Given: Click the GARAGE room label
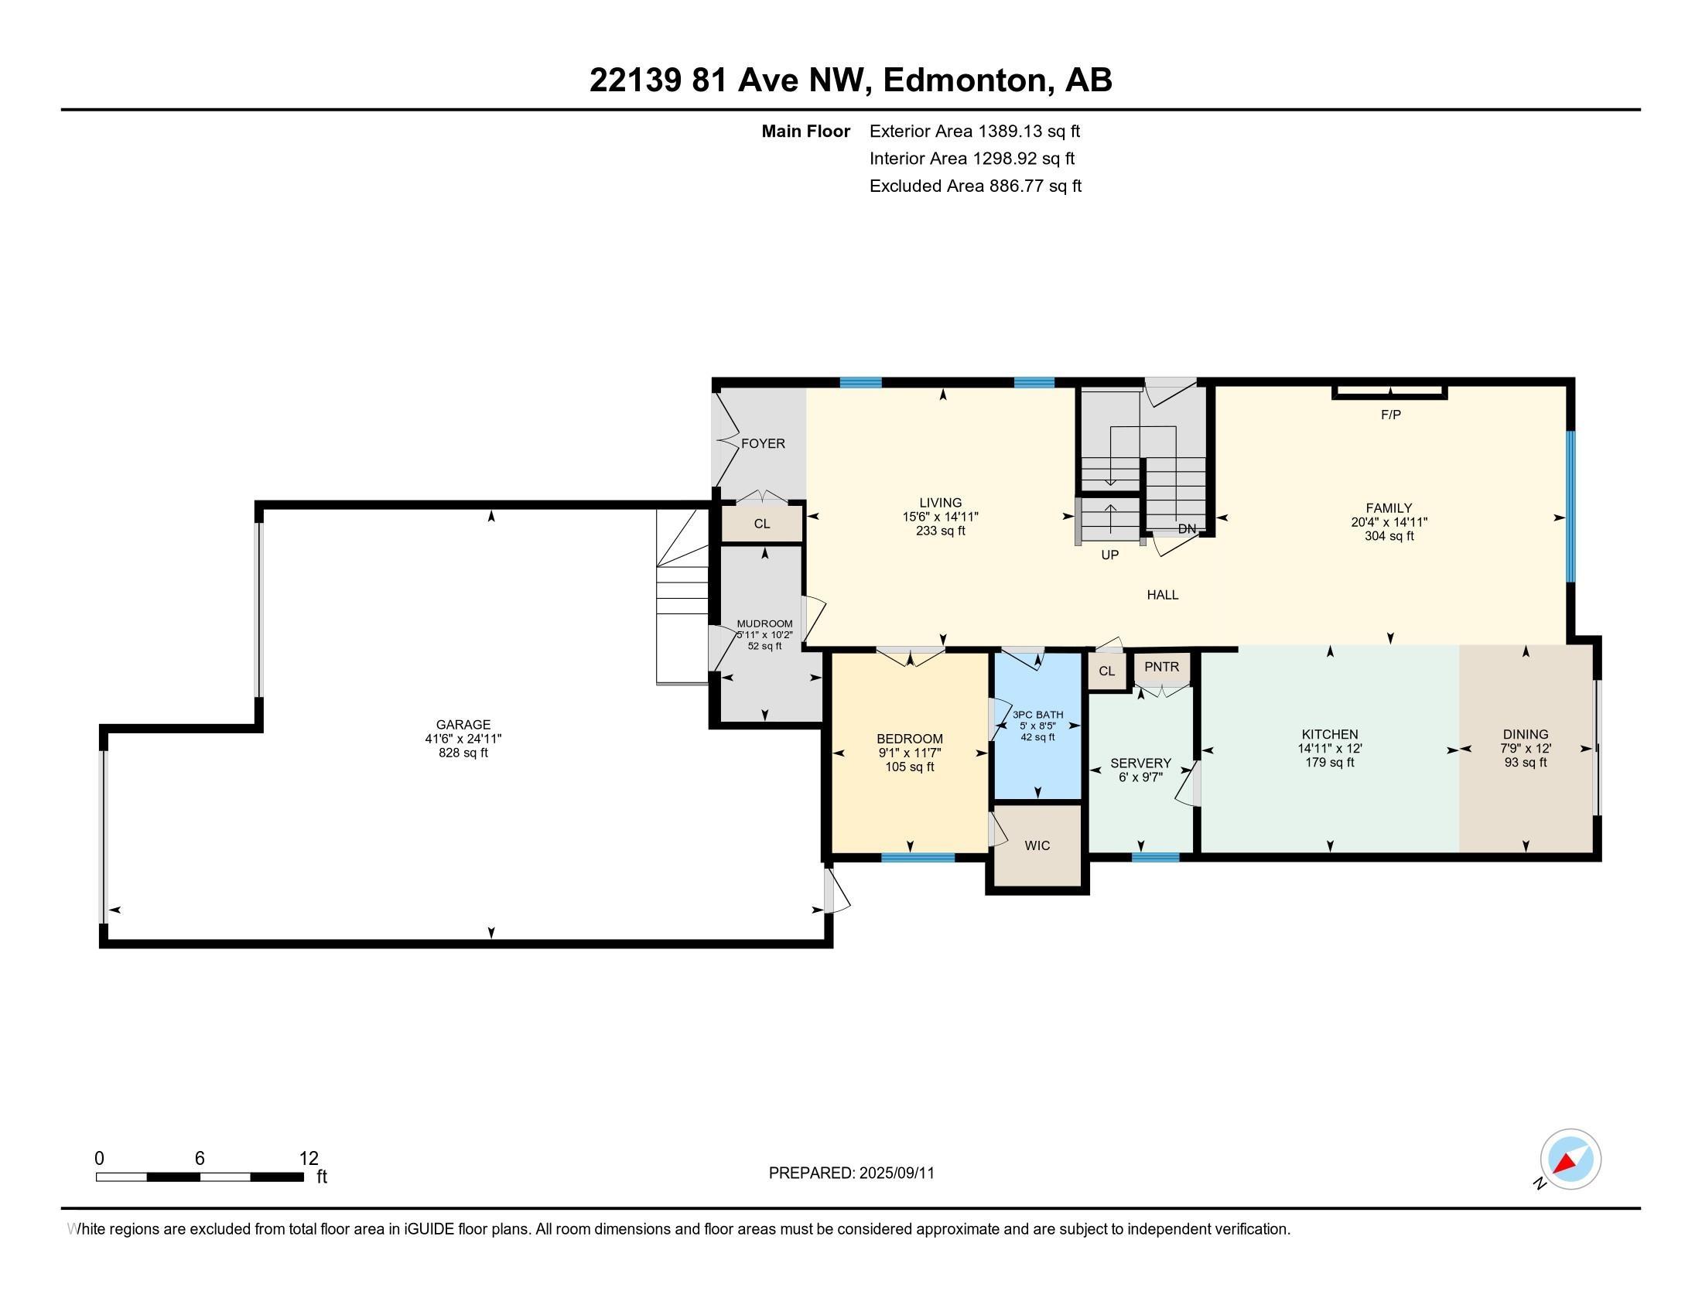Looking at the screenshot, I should [x=463, y=725].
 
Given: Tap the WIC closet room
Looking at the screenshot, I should [x=1037, y=845].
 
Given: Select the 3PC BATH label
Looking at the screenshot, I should [x=1037, y=715].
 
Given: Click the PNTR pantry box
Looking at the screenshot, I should [x=1161, y=667].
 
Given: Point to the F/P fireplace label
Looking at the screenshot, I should [x=1390, y=415].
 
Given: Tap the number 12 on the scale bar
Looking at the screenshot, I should [x=309, y=1158].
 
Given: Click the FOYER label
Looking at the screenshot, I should [x=763, y=443].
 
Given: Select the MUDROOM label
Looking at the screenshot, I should [x=764, y=623].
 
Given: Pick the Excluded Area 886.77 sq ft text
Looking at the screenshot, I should [x=975, y=186].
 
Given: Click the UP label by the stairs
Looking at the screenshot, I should [x=1109, y=555].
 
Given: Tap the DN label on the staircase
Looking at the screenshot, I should [x=1186, y=529].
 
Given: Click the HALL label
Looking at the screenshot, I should [x=1162, y=594].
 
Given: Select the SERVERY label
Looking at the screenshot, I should [x=1140, y=763].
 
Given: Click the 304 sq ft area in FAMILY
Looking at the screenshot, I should [x=1389, y=536].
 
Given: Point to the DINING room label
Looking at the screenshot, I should [x=1525, y=734].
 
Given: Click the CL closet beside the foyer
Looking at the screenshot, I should [x=761, y=524].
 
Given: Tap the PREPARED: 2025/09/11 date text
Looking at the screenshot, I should [x=851, y=1173].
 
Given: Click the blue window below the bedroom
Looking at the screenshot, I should [x=918, y=858].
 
